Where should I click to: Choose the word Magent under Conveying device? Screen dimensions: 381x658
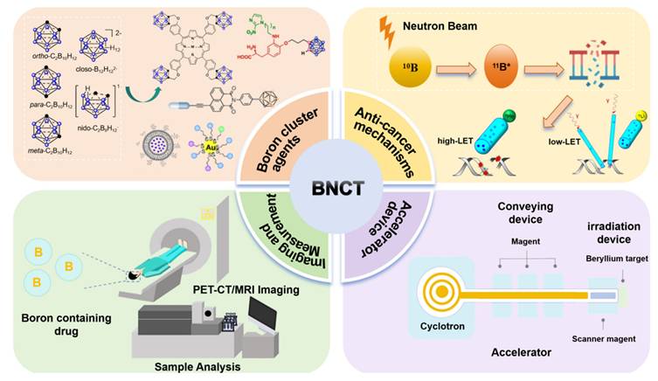(524, 239)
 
